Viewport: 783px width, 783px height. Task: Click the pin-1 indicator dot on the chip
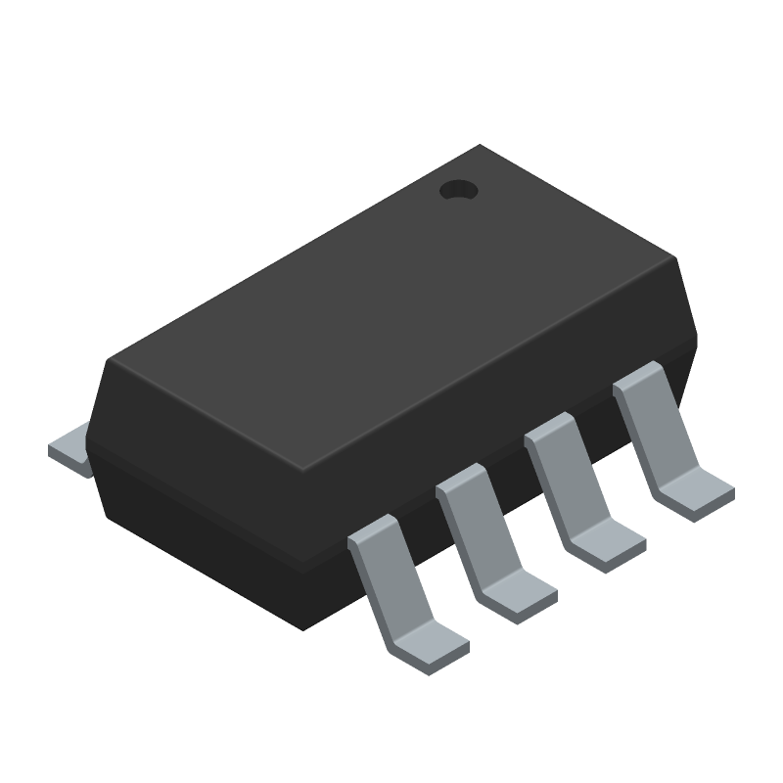(x=456, y=190)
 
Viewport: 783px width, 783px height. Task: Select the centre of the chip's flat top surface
(x=391, y=303)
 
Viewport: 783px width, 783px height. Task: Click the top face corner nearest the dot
(x=480, y=147)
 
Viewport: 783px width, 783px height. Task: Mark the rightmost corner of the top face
(x=676, y=259)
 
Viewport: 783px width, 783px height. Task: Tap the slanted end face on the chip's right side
(x=688, y=313)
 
